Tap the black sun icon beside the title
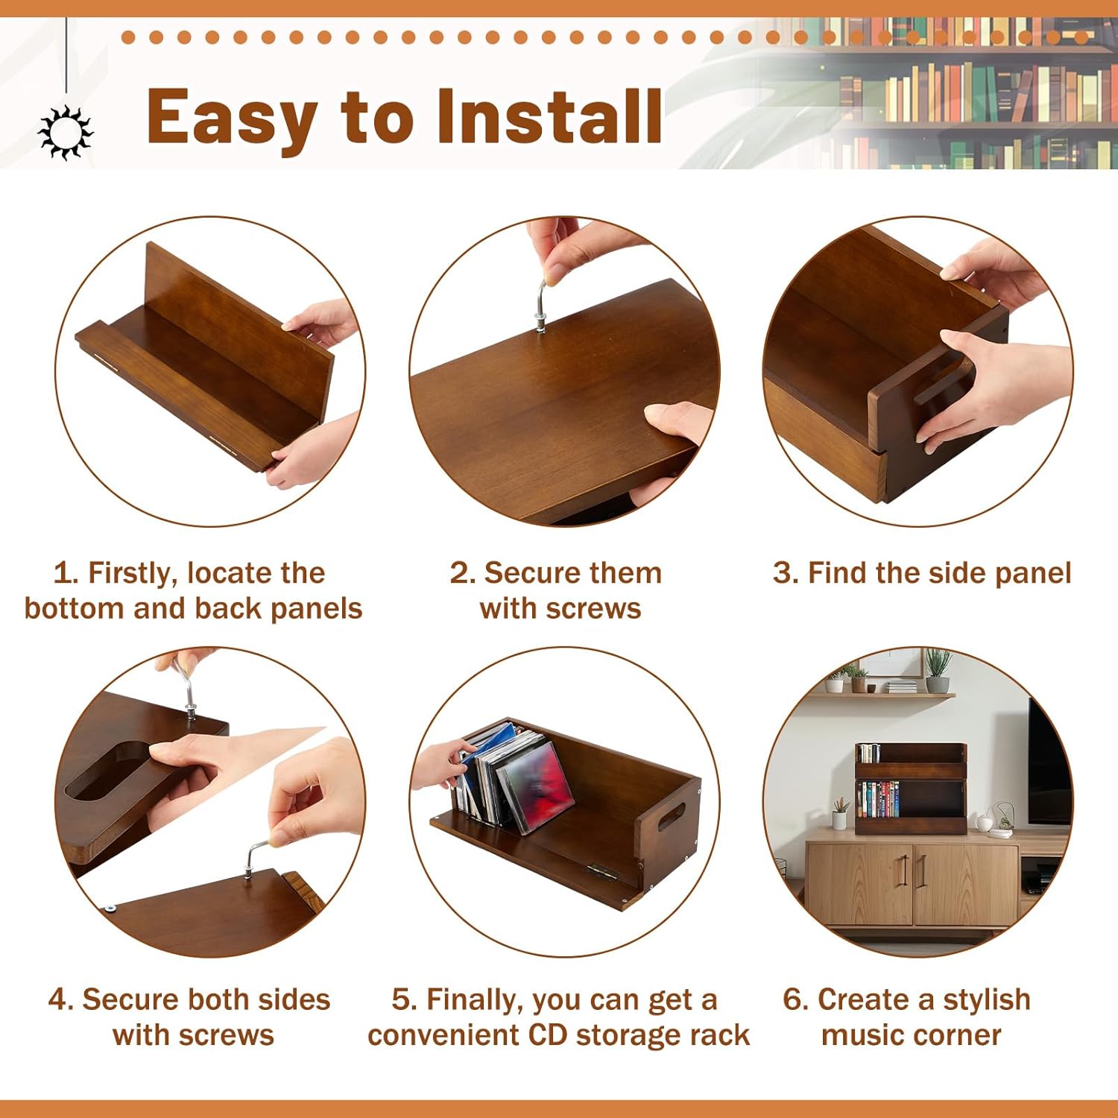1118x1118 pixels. coord(66,133)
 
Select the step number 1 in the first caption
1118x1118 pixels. coord(65,573)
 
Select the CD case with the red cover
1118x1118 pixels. coord(539,787)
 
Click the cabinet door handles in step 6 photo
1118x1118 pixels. coord(912,870)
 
